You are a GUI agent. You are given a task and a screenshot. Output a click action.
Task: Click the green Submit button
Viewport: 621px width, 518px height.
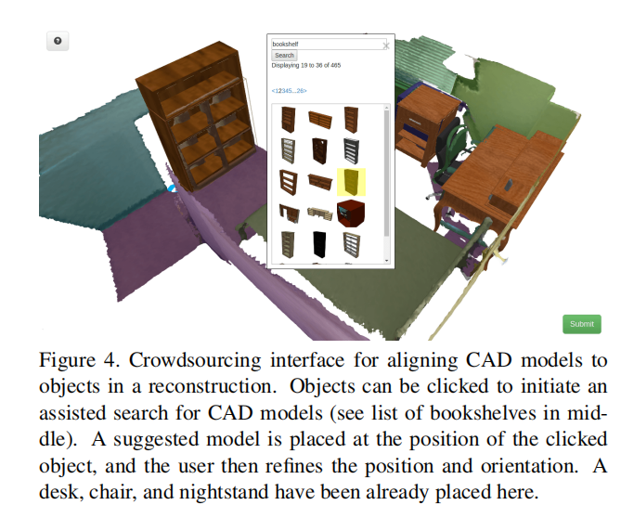pos(581,324)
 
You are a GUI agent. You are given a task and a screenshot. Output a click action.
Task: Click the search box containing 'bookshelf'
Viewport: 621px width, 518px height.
pos(324,44)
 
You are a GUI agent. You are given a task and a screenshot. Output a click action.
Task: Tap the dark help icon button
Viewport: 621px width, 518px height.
pos(58,41)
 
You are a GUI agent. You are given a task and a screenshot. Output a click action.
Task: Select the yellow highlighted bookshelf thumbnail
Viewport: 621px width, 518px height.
pos(351,181)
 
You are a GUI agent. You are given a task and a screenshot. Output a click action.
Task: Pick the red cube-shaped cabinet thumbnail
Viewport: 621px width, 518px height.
pos(351,213)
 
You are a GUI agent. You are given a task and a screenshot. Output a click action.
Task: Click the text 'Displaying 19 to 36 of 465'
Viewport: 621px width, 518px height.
pos(306,66)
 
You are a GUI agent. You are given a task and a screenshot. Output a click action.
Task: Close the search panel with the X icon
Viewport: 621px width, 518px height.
pos(386,44)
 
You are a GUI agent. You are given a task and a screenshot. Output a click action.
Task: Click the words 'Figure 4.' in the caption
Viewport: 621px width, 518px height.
pos(73,359)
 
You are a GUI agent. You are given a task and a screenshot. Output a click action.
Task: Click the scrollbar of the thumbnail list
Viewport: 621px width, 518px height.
pos(387,167)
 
